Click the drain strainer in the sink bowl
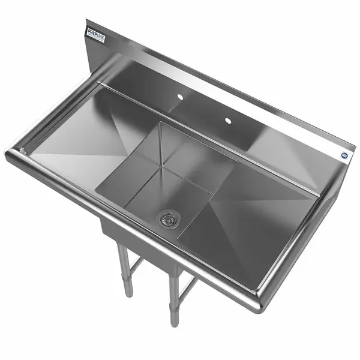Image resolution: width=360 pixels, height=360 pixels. pyautogui.click(x=169, y=218)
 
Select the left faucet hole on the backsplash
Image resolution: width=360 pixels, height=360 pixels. pyautogui.click(x=179, y=96)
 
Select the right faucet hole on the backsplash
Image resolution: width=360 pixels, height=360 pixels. pyautogui.click(x=227, y=121)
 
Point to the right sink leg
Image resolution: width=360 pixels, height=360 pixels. pyautogui.click(x=173, y=294)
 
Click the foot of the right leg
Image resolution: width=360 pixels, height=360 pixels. pyautogui.click(x=174, y=321)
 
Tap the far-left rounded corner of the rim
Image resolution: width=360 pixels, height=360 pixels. pyautogui.click(x=11, y=155)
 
